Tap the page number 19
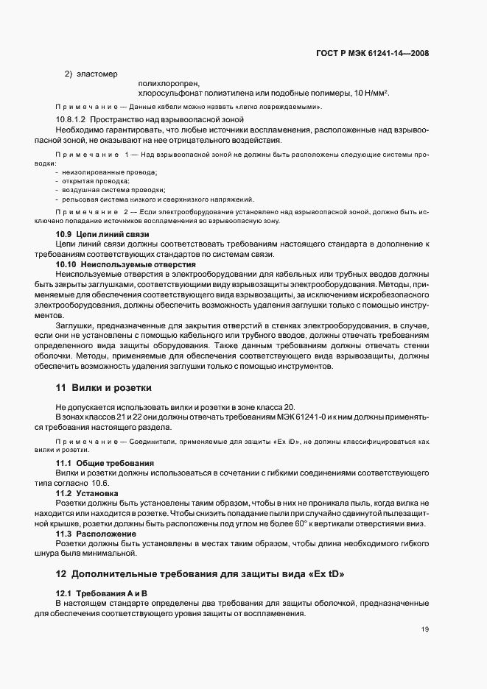tap(425, 629)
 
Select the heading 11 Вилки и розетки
tap(104, 387)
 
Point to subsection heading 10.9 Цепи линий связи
tap(102, 234)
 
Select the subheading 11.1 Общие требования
tap(105, 462)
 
